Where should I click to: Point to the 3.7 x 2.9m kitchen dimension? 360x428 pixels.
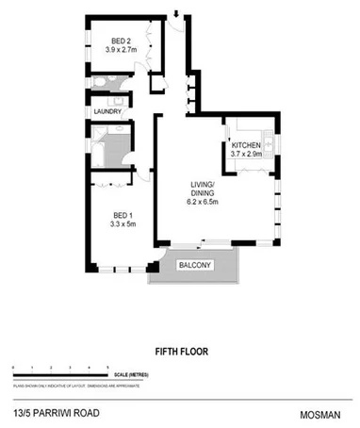(247, 155)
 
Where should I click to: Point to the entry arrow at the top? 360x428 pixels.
(174, 11)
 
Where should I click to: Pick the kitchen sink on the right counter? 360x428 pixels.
(268, 143)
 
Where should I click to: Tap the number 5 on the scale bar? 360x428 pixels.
(107, 367)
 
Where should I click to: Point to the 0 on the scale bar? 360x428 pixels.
(12, 367)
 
